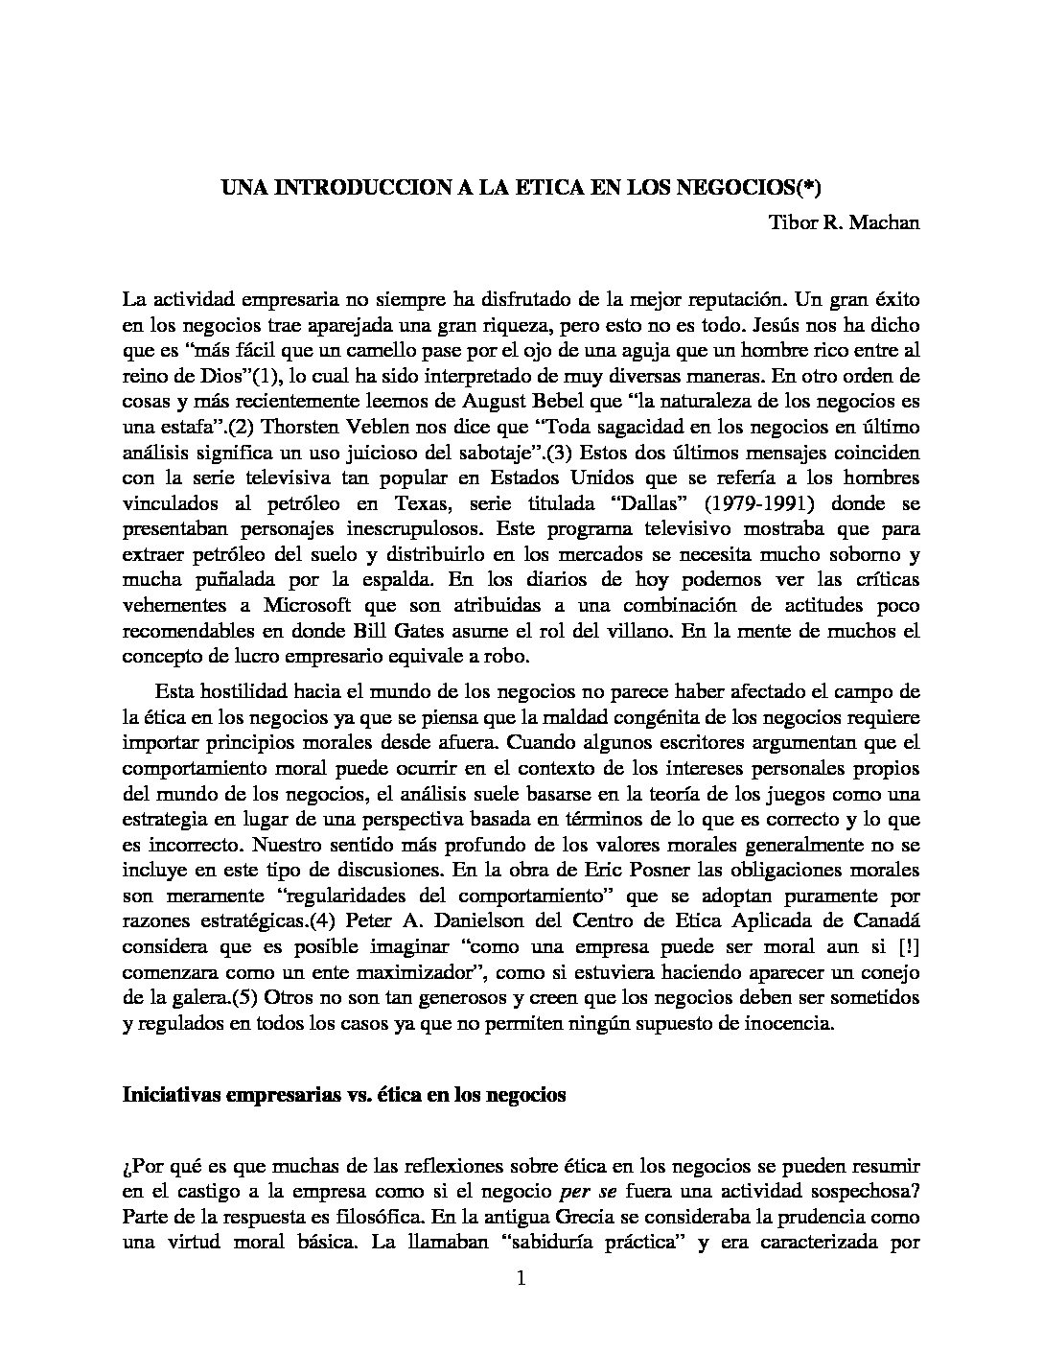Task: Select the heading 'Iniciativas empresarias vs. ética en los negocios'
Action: click(344, 1096)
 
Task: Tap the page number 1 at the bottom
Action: click(521, 1278)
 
